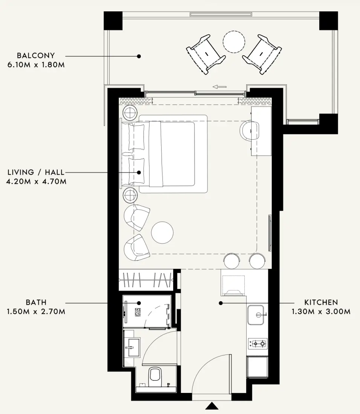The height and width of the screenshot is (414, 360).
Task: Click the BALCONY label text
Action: [x=36, y=55]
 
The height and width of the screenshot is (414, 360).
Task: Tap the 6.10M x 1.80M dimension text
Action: [x=36, y=65]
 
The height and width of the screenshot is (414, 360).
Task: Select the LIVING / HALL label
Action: [x=36, y=172]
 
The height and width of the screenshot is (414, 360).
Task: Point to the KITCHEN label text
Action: [x=321, y=302]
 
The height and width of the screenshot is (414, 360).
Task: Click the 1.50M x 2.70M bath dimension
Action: [x=36, y=312]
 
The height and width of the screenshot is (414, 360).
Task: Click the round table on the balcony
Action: [x=234, y=42]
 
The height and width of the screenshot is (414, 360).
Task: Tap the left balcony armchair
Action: [x=206, y=54]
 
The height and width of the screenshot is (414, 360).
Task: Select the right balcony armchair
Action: [x=262, y=55]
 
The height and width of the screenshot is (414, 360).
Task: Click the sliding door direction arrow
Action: [x=220, y=87]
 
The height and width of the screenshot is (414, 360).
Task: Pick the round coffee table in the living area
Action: [x=162, y=233]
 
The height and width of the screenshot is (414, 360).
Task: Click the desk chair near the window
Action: [x=249, y=130]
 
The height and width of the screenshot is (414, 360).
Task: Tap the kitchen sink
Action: [x=256, y=315]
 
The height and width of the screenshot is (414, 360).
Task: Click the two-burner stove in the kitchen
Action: [x=258, y=344]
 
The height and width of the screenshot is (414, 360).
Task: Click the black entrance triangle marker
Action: [x=212, y=406]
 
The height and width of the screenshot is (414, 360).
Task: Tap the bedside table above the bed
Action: [x=130, y=112]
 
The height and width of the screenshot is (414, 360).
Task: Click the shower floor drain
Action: [x=138, y=312]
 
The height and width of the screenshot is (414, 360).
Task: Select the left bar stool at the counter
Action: [x=232, y=261]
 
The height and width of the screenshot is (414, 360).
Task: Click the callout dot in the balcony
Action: [x=139, y=56]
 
